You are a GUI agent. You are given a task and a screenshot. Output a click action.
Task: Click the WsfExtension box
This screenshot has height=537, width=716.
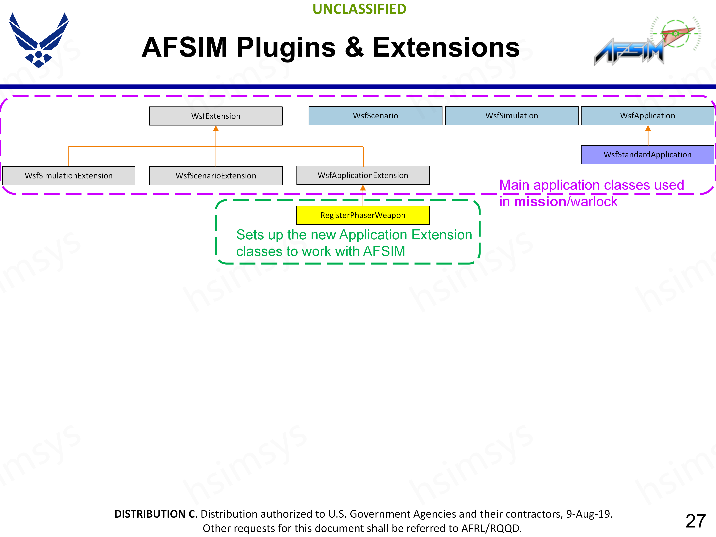pyautogui.click(x=216, y=116)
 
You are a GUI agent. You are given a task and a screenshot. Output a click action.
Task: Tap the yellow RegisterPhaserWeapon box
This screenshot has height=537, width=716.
pyautogui.click(x=363, y=215)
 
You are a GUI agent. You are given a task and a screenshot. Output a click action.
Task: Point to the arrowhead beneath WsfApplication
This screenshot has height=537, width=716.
pyautogui.click(x=648, y=128)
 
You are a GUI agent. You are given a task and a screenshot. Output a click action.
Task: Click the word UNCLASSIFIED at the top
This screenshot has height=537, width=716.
pyautogui.click(x=359, y=9)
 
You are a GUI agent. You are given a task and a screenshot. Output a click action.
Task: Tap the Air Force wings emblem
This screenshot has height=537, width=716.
pyautogui.click(x=39, y=40)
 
